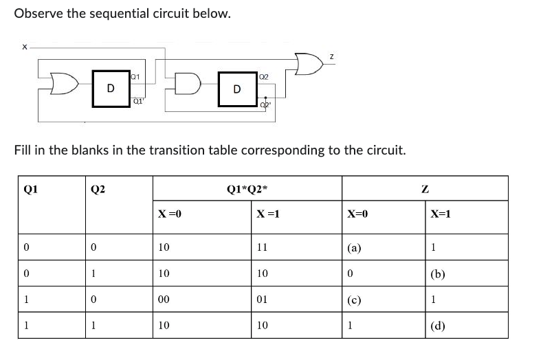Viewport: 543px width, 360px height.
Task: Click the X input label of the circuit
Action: (x=25, y=47)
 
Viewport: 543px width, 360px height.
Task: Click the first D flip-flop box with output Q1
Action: (x=110, y=88)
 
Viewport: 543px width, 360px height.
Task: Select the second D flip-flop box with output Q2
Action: (x=236, y=89)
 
